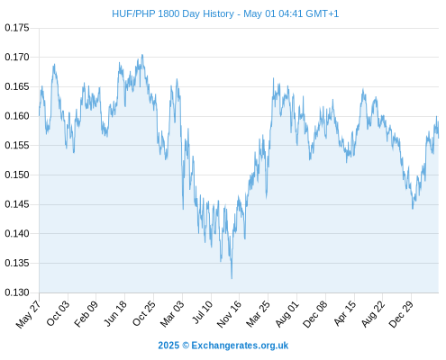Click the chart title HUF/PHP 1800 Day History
click(x=173, y=13)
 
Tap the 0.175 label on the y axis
click(x=17, y=28)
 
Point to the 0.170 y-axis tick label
click(x=17, y=57)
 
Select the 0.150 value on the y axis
click(x=17, y=175)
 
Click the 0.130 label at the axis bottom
click(x=17, y=292)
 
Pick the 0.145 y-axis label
click(x=17, y=204)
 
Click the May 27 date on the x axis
click(x=28, y=314)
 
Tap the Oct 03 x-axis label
click(x=58, y=313)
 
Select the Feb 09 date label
click(x=86, y=314)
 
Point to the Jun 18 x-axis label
click(x=115, y=313)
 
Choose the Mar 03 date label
click(x=172, y=314)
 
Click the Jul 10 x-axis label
click(x=202, y=312)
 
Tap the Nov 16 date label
click(x=229, y=314)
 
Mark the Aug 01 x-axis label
click(x=287, y=314)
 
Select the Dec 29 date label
click(x=401, y=314)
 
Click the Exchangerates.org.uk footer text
click(x=240, y=346)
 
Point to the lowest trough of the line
click(x=232, y=278)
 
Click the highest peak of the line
click(x=142, y=55)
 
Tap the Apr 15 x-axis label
click(x=344, y=313)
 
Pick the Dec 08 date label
click(x=314, y=314)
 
